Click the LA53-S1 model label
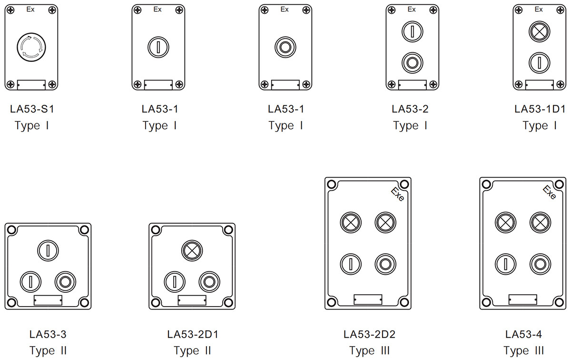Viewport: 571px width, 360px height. (32, 109)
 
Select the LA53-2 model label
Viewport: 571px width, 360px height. (410, 109)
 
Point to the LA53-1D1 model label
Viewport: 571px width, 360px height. (540, 109)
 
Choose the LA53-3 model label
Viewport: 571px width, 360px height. (48, 334)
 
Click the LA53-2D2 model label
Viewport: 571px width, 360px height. (369, 334)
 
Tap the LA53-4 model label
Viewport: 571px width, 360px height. (523, 334)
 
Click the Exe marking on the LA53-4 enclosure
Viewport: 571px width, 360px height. (550, 192)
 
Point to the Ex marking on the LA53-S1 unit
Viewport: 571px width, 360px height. (30, 10)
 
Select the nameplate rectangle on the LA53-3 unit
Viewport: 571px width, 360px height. (48, 300)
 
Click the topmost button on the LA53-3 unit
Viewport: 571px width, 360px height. (48, 250)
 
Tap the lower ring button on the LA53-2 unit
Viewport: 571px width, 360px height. (412, 62)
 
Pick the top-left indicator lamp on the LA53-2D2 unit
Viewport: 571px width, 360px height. (351, 222)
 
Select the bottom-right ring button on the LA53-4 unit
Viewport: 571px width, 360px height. (540, 263)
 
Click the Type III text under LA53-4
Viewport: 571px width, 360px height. (523, 351)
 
